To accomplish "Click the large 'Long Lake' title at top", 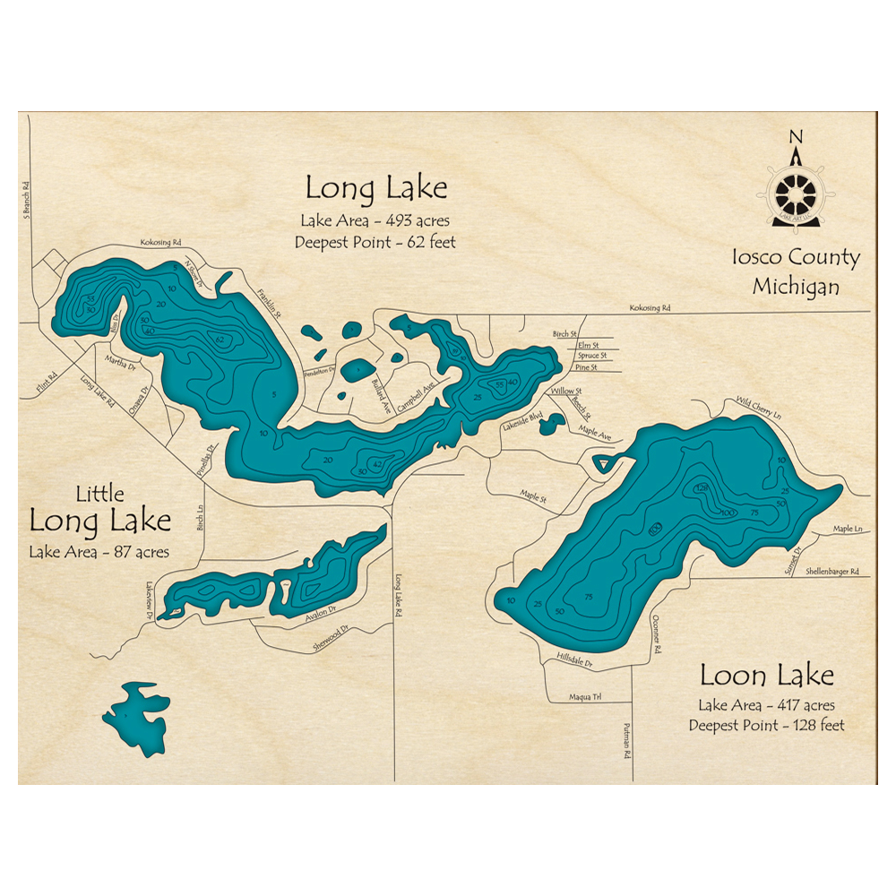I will click(x=375, y=188).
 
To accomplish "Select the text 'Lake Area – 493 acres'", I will click(x=375, y=220).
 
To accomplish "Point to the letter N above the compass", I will click(x=795, y=137).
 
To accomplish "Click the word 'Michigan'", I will click(x=796, y=287).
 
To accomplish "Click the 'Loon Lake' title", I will click(x=766, y=675).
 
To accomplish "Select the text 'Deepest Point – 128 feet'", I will click(x=766, y=725).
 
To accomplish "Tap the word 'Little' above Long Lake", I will click(x=99, y=493).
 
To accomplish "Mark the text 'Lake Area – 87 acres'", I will click(x=99, y=552).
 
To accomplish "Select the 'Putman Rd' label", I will click(x=628, y=742).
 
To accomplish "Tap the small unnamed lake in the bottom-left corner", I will click(x=136, y=717).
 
